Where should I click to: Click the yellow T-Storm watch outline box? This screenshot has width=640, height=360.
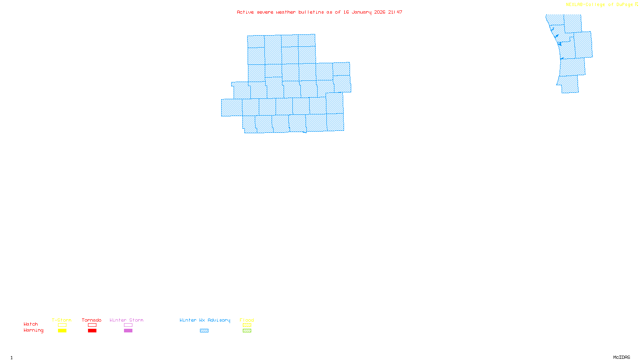tap(62, 325)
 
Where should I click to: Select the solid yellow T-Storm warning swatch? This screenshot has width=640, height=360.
tap(62, 331)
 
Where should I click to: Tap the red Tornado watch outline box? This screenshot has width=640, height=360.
tap(92, 325)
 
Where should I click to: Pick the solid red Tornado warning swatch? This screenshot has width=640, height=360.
tap(92, 331)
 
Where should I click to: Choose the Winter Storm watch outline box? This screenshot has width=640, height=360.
tap(128, 325)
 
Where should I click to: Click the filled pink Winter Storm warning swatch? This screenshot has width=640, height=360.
tap(128, 331)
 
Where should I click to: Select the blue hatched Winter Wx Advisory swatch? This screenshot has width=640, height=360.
tap(204, 331)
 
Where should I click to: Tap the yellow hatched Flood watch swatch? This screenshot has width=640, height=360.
tap(247, 325)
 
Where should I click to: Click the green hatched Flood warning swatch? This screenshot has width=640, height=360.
tap(247, 331)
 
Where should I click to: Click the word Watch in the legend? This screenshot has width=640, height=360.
tap(31, 324)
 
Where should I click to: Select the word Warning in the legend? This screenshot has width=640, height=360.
tap(33, 330)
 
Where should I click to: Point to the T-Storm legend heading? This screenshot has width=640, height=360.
tap(62, 320)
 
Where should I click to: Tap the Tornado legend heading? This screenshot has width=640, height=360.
tap(92, 320)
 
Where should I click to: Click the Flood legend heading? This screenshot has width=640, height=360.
tap(247, 320)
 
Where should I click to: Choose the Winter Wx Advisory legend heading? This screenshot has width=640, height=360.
tap(205, 320)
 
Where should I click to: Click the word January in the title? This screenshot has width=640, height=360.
tap(362, 12)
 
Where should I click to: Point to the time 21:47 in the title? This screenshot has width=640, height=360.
tap(395, 12)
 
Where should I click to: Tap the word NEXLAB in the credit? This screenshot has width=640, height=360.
tap(574, 5)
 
